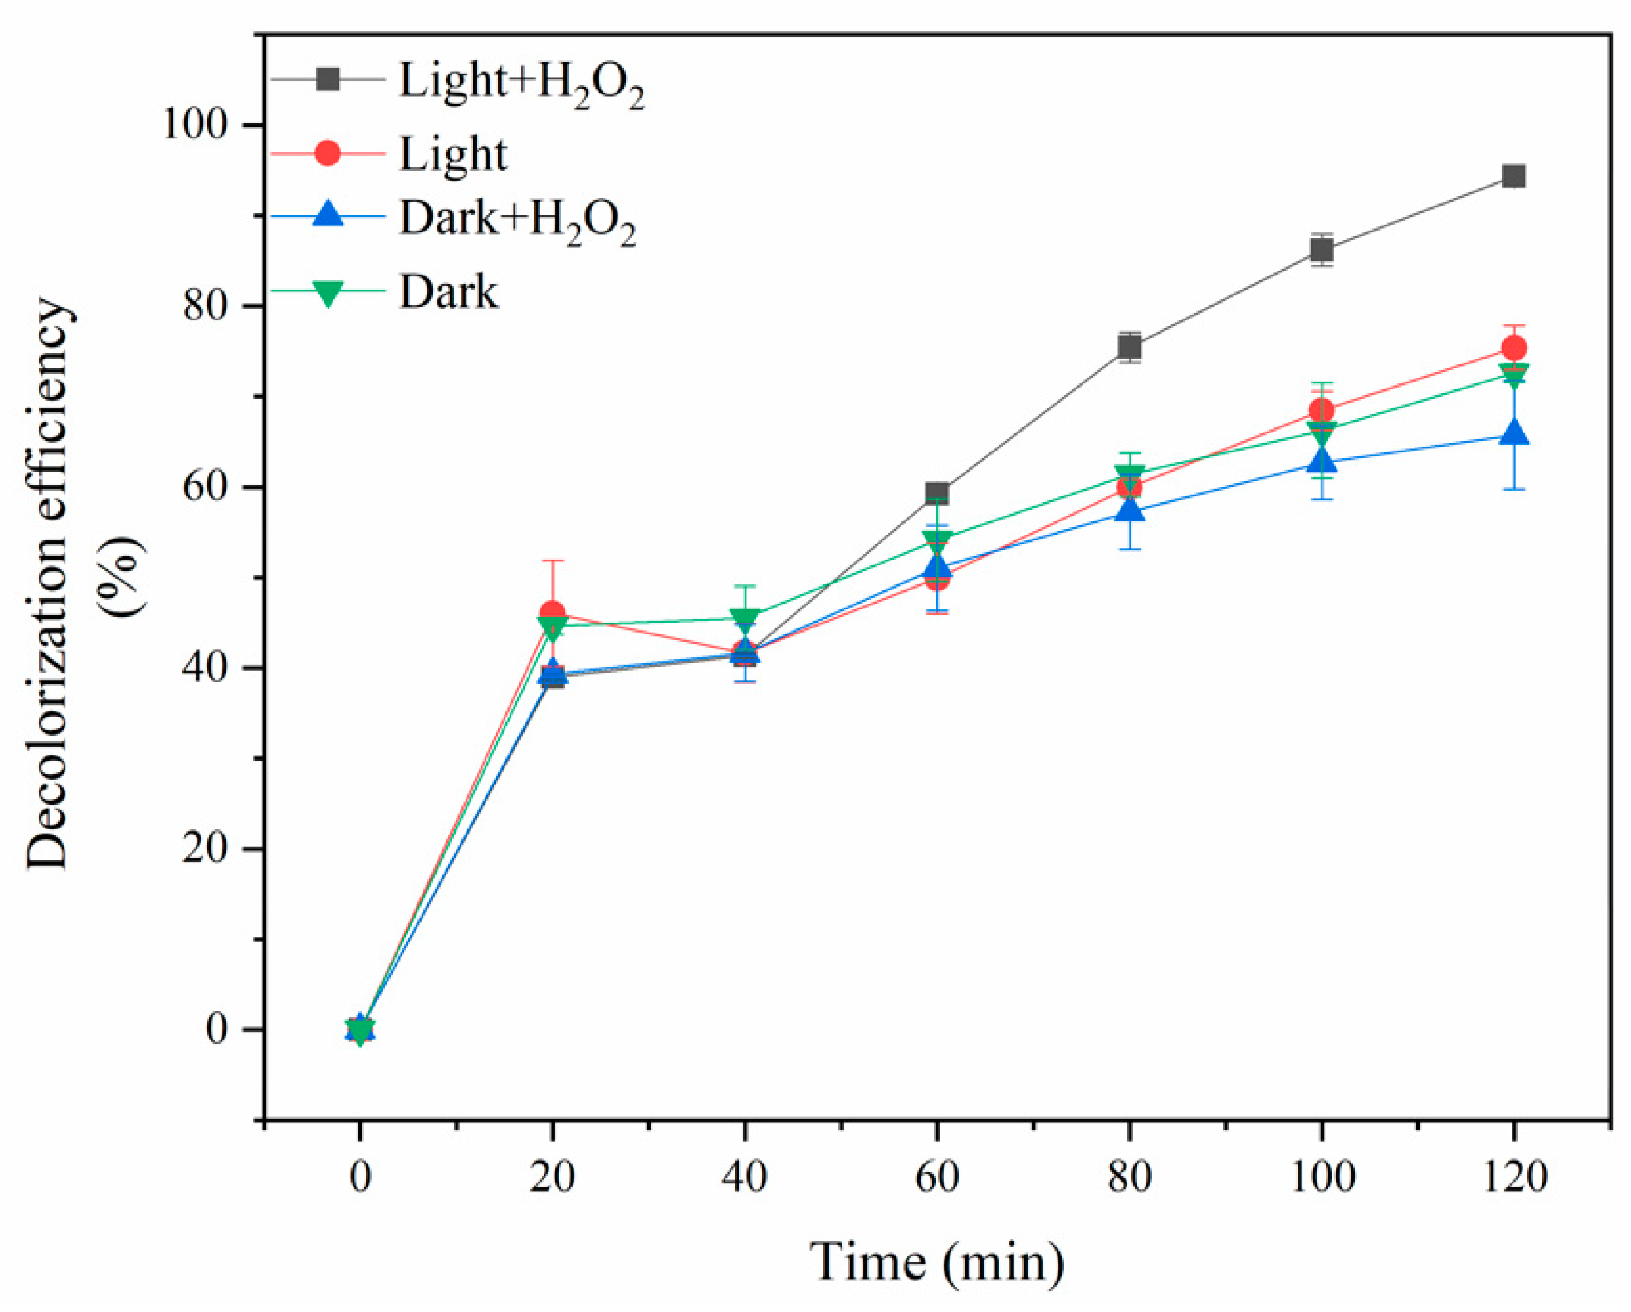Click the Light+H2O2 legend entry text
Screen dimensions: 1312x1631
pyautogui.click(x=521, y=82)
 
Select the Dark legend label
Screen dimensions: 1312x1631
pyautogui.click(x=449, y=292)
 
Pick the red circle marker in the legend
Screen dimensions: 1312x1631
pyautogui.click(x=328, y=154)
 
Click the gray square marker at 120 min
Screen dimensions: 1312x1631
pyautogui.click(x=1513, y=176)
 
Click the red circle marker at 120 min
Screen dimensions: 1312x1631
pyautogui.click(x=1513, y=348)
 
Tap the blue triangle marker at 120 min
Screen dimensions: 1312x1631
pyautogui.click(x=1513, y=433)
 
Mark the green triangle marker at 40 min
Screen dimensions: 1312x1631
pyautogui.click(x=745, y=617)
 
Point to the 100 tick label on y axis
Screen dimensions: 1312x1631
pyautogui.click(x=195, y=125)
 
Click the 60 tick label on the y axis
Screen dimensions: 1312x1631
pyautogui.click(x=206, y=487)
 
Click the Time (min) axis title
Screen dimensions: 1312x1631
pyautogui.click(x=937, y=1261)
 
